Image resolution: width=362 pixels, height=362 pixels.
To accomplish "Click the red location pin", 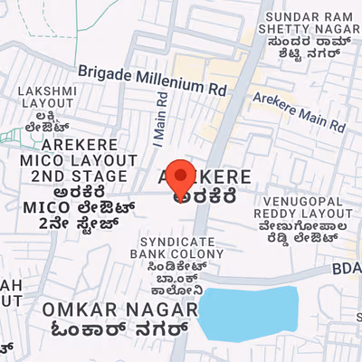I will click(181, 174).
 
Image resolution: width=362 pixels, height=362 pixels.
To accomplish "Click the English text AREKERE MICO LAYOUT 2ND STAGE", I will click(74, 160).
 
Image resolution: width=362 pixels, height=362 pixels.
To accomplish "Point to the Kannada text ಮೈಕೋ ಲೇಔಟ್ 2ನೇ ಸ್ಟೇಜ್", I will click(74, 206).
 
